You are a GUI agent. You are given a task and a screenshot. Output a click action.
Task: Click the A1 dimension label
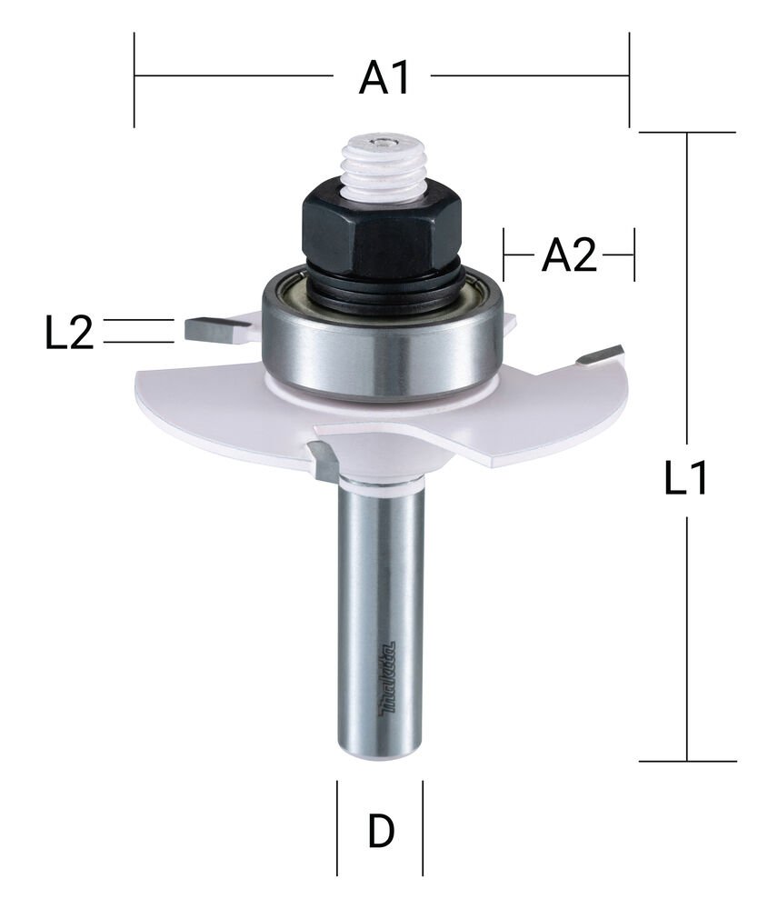382,79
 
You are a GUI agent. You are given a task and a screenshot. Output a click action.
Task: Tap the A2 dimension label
569,256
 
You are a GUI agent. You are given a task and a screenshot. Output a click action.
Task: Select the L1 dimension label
686,479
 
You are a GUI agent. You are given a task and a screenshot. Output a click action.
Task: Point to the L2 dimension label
69,334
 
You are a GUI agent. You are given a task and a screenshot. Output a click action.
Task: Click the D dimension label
381,831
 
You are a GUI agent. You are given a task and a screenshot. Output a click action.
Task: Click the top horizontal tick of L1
686,133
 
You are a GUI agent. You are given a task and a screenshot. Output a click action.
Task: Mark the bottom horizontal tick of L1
686,761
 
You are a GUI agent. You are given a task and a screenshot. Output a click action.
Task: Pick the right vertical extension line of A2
633,255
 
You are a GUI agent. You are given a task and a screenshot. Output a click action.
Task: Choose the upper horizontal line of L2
138,320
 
